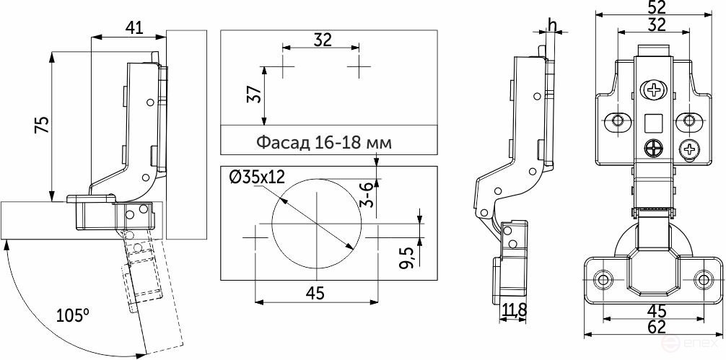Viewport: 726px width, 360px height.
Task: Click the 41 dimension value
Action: (x=134, y=28)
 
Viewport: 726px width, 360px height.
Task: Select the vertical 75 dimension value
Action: (x=42, y=125)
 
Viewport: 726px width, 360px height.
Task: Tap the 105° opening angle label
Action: (x=73, y=315)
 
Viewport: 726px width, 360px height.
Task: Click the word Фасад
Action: (x=283, y=143)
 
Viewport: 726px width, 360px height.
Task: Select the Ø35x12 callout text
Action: (x=257, y=177)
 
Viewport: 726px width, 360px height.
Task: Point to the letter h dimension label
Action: (x=551, y=25)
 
